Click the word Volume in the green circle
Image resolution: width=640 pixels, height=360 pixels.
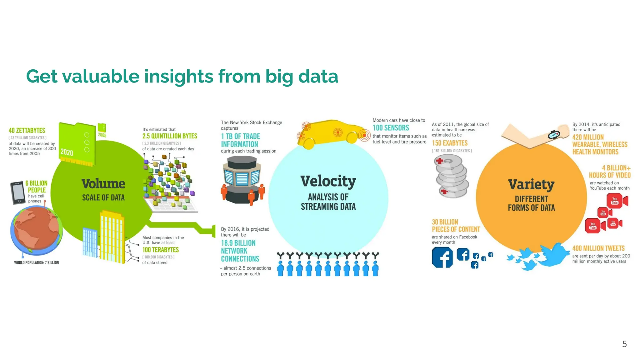coord(103,184)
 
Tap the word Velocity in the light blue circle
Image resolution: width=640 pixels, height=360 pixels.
coord(328,181)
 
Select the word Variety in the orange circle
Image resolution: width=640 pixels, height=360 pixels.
coord(531,184)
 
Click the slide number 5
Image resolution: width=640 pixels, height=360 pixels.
coord(624,344)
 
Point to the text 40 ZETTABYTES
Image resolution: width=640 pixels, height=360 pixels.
coord(27,131)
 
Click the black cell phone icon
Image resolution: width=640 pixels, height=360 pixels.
coord(17,193)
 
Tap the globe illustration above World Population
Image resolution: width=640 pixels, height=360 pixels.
coord(36,230)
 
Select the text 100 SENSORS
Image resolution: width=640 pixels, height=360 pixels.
coord(391,128)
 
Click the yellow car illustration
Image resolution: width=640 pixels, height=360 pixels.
coord(331,133)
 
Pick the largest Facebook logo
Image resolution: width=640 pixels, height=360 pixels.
coord(442,257)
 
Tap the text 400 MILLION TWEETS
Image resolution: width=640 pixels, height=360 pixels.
coord(598,248)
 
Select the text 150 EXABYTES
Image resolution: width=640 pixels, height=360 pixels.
coord(450,143)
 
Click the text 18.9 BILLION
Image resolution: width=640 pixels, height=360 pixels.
coord(238,243)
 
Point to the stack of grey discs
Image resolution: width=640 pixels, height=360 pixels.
coord(452,177)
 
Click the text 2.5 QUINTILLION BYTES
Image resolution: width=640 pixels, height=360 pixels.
coord(170,136)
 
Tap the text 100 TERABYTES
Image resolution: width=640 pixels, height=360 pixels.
coord(161,250)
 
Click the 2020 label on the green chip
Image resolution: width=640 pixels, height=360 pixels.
coord(67,152)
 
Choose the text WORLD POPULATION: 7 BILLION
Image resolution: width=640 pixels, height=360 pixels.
coord(36,262)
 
